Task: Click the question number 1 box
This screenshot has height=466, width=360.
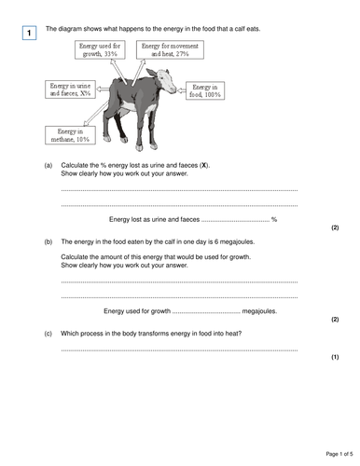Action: coord(29,34)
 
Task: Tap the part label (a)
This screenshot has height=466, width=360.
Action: coord(48,165)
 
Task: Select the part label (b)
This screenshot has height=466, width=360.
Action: coord(48,241)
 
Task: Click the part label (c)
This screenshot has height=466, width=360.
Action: coord(48,331)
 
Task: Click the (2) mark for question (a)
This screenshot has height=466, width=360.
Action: coord(334,227)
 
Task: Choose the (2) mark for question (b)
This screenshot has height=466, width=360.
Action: coord(334,319)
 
